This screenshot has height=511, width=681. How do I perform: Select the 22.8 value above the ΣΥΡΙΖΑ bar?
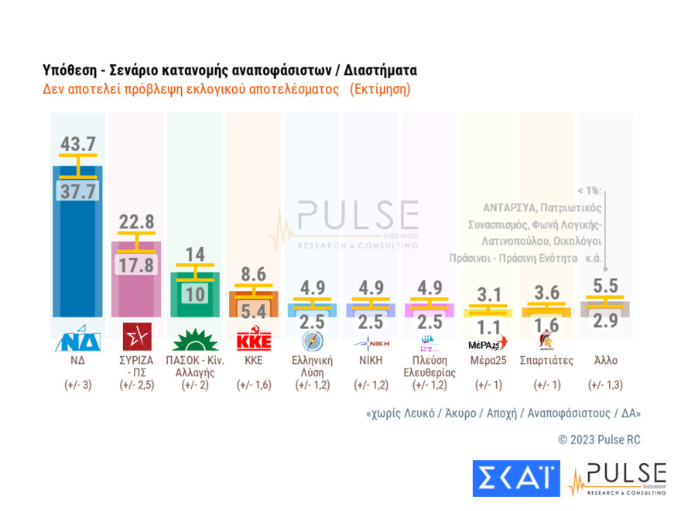tap(137, 221)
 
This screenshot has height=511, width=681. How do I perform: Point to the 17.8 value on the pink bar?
tap(137, 265)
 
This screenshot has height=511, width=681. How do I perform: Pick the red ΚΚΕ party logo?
tap(254, 341)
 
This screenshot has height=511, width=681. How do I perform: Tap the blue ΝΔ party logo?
tap(78, 338)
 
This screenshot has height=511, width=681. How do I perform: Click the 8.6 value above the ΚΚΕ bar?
tap(254, 273)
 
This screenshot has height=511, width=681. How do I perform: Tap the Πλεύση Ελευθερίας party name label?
tap(429, 365)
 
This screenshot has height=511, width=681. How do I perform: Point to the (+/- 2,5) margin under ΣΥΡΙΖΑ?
tap(137, 385)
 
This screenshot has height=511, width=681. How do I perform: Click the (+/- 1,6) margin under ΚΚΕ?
tap(254, 385)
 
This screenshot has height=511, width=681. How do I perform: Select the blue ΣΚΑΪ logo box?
tap(515, 478)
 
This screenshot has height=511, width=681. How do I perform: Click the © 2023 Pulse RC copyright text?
tap(599, 440)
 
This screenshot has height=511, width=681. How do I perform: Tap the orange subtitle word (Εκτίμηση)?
tap(380, 89)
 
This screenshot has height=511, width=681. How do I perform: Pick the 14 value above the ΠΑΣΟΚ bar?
tap(196, 253)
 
